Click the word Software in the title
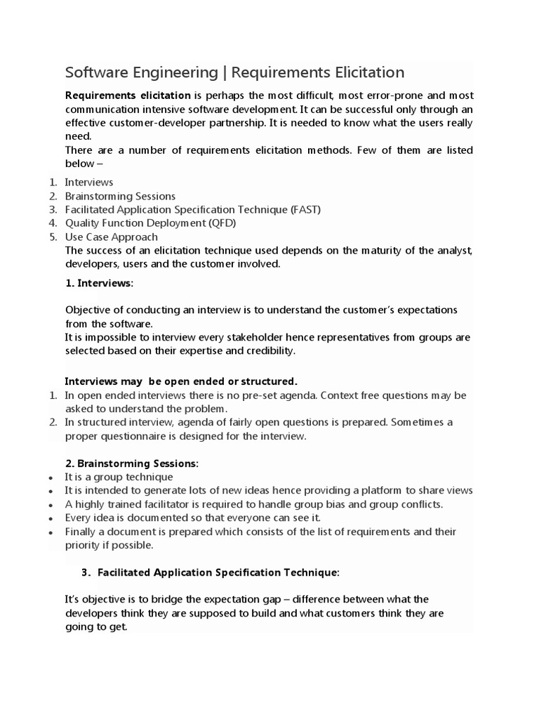click(x=95, y=72)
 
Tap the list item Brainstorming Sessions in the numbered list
click(x=120, y=196)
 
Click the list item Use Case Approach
click(x=111, y=237)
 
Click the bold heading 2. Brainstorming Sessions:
click(x=132, y=463)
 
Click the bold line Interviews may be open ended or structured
click(x=181, y=381)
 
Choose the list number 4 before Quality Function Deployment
click(x=53, y=223)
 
